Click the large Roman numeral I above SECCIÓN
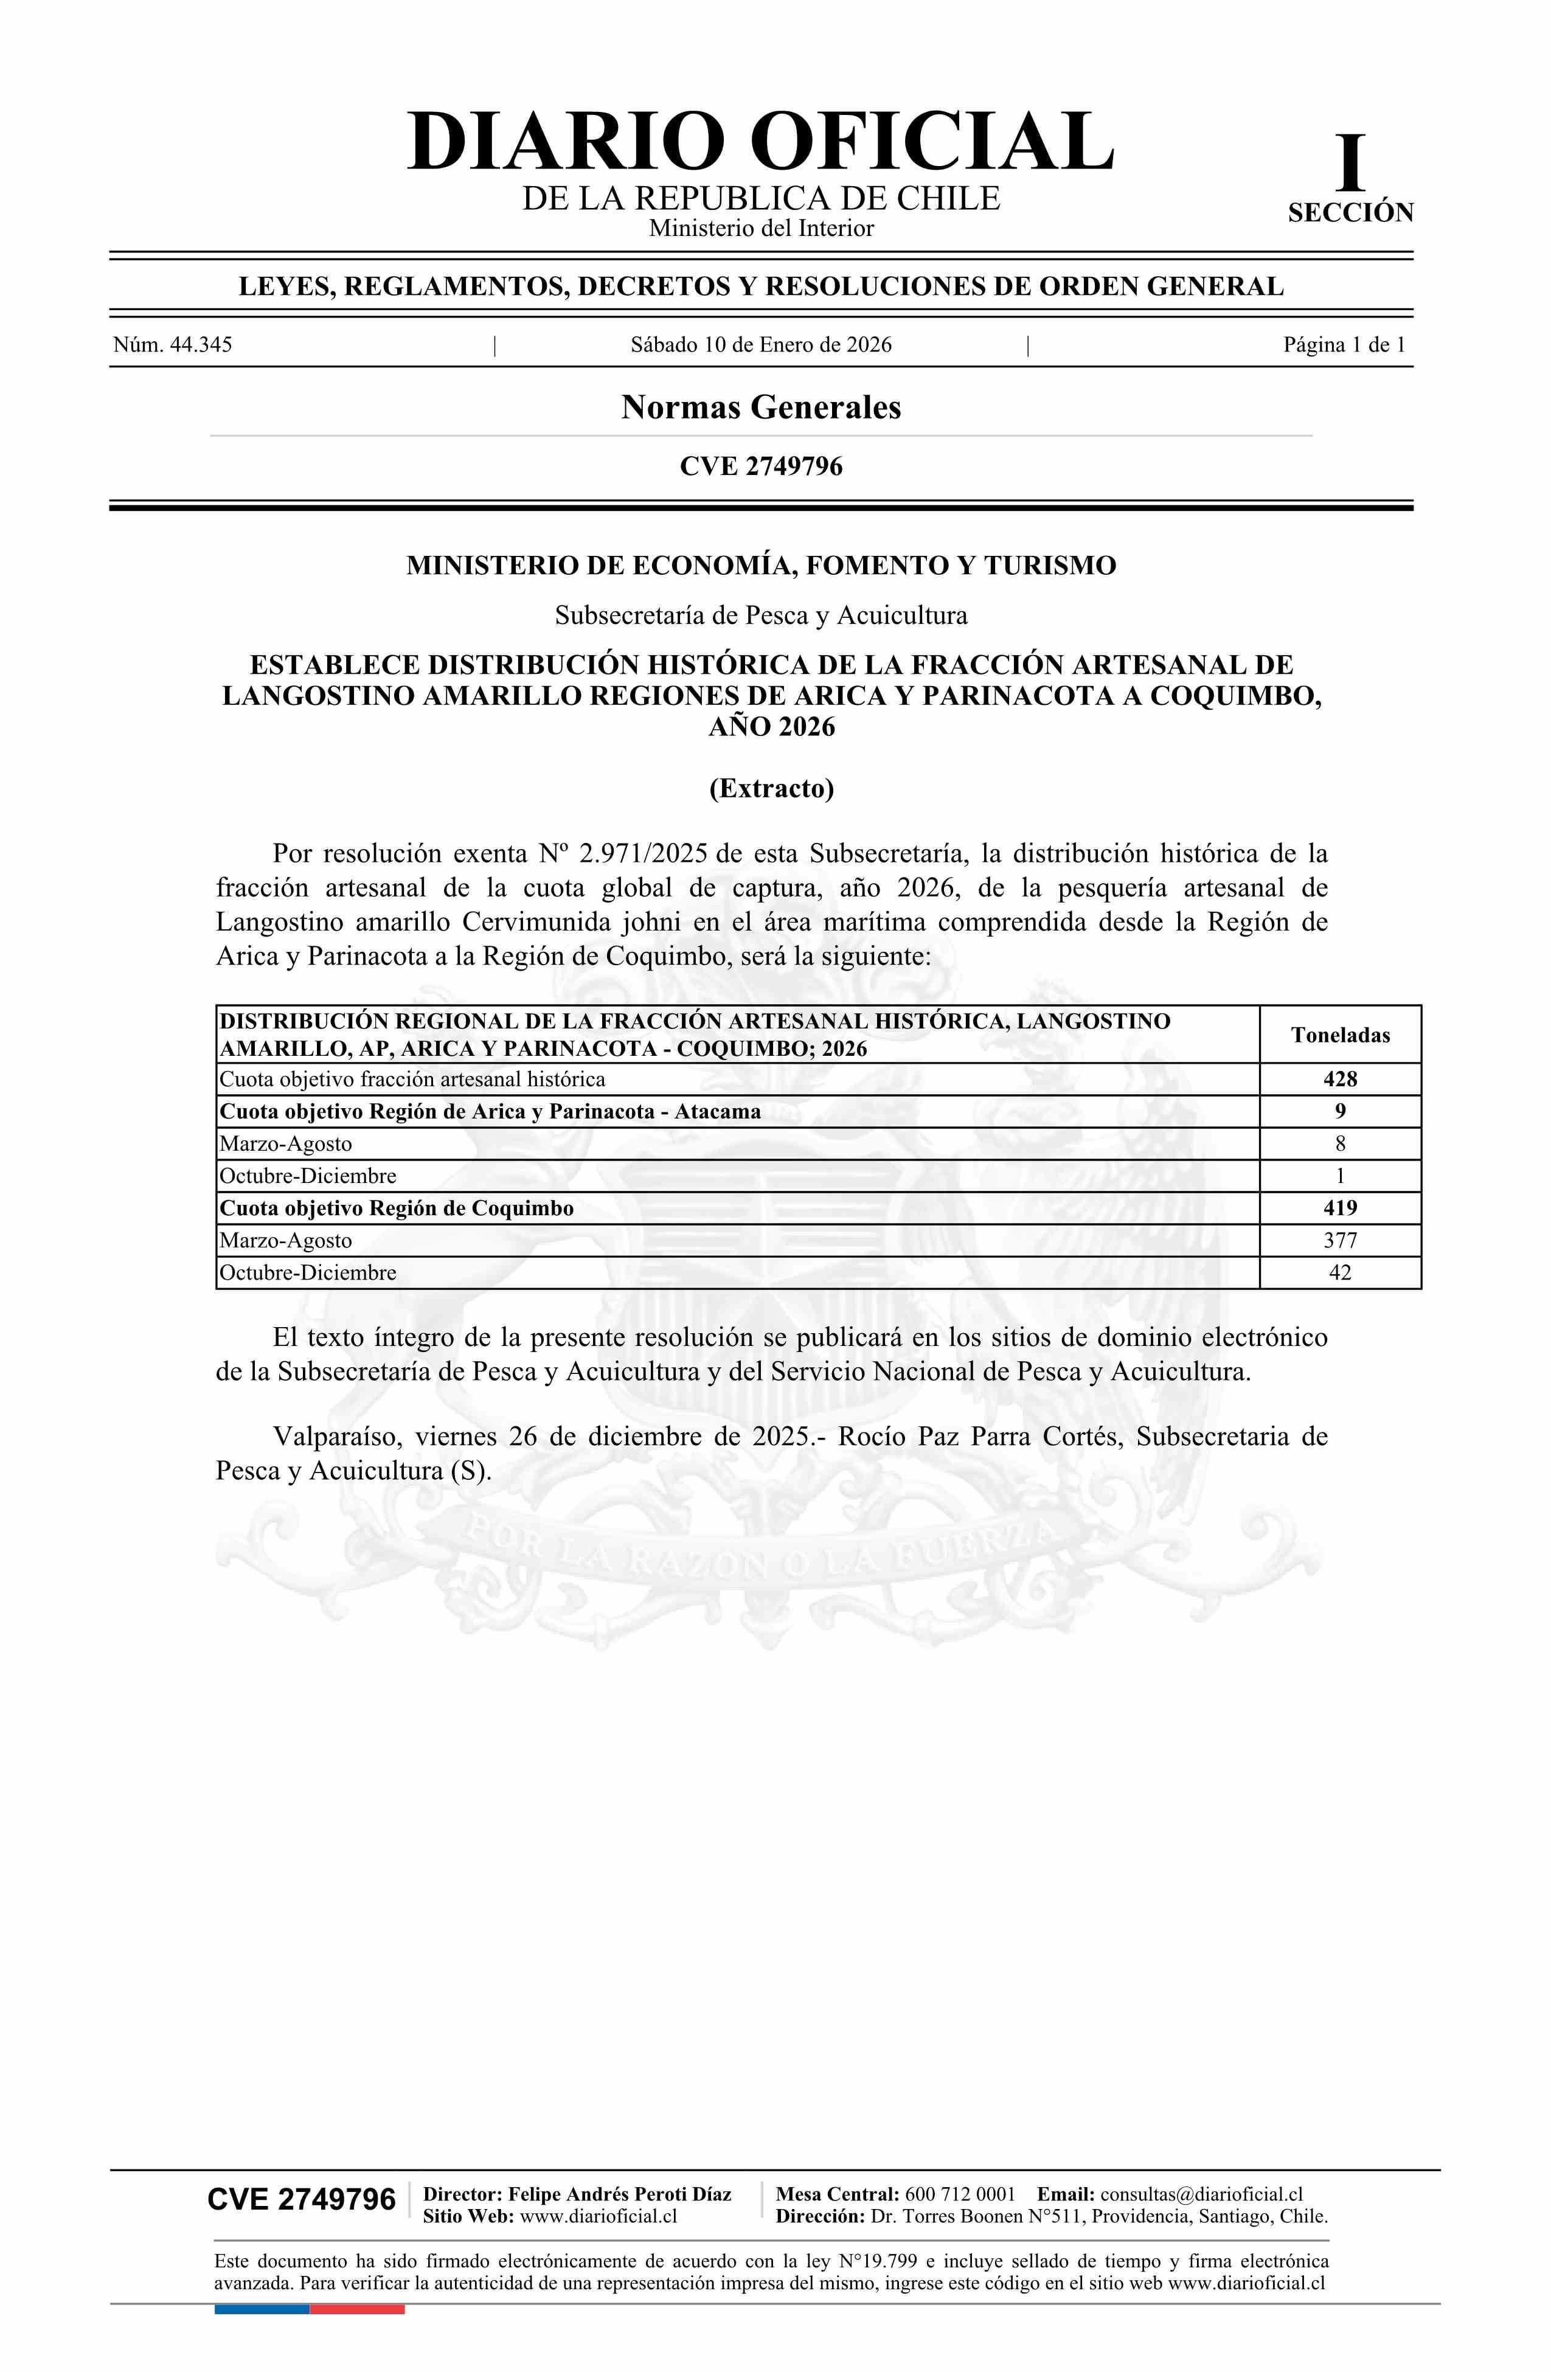(1350, 164)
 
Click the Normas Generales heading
(760, 407)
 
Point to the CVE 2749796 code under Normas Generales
(760, 466)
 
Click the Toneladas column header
(1340, 1035)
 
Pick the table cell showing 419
(1340, 1208)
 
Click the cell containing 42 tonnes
(1340, 1273)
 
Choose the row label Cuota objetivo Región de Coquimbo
(397, 1208)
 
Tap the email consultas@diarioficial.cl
(1201, 2194)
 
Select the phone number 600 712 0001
(960, 2194)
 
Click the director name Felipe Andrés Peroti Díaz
(619, 2194)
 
